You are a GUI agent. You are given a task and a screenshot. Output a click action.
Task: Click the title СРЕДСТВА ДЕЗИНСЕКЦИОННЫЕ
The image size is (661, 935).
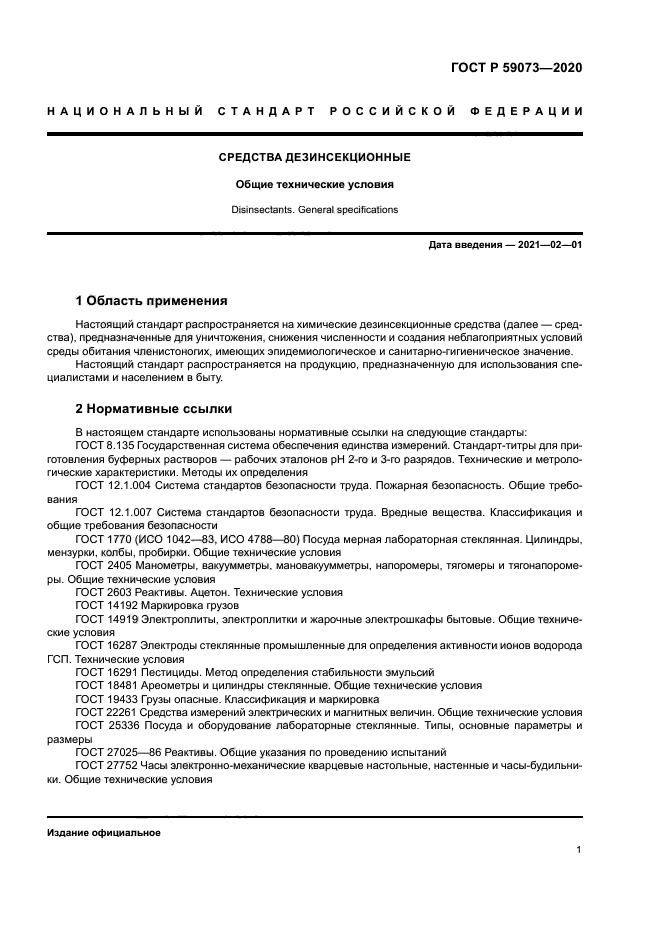tap(315, 157)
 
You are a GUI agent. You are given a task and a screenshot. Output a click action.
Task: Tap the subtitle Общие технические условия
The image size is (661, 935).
tap(315, 184)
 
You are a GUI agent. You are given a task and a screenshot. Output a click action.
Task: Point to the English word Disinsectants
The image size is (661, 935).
tap(262, 210)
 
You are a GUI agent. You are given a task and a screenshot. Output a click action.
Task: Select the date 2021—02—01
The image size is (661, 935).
tap(548, 245)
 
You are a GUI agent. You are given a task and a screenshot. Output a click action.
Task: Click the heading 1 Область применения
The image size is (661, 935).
tap(152, 301)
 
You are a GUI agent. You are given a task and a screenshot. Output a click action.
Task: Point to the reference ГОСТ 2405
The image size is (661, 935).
tap(104, 565)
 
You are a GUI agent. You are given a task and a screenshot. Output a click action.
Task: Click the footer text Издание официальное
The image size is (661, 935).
tap(104, 833)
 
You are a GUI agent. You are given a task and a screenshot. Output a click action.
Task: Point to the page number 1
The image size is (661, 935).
tap(579, 850)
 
